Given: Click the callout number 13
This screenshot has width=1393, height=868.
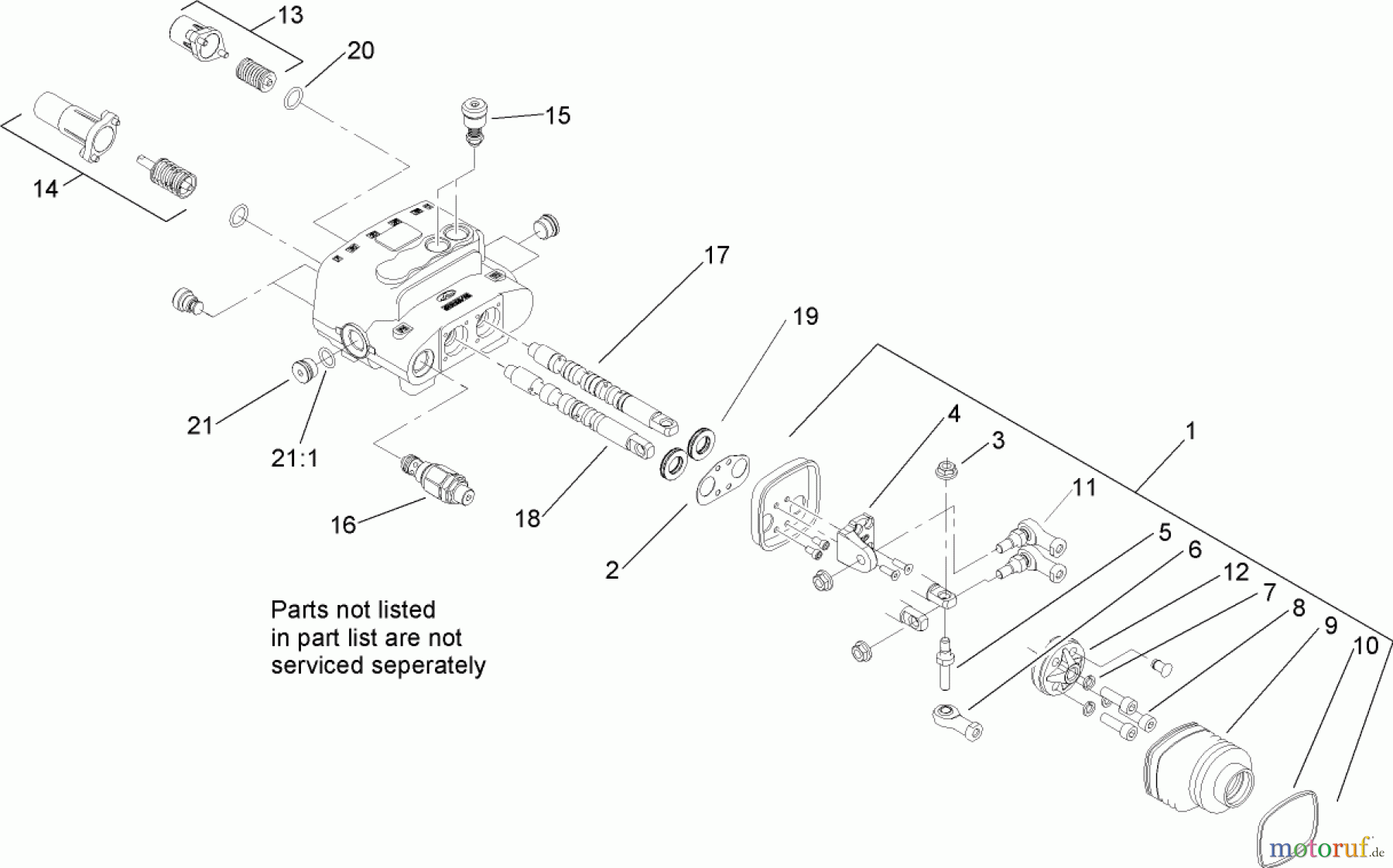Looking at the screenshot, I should coord(290,15).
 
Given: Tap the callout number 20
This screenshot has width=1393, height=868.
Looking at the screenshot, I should coord(360,51).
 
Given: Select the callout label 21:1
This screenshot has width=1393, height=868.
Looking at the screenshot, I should coord(295,459).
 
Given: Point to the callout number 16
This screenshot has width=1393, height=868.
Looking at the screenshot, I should coord(343,525).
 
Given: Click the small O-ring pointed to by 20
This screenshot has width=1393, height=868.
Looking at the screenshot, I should coord(293,99).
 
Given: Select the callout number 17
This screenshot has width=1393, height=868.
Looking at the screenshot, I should coord(717,255).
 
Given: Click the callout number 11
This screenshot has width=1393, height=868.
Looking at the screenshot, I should coord(1083,487).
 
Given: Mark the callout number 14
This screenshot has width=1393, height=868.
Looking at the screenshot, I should coord(46,188).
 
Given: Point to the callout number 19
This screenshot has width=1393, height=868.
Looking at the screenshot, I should coord(805,316).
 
